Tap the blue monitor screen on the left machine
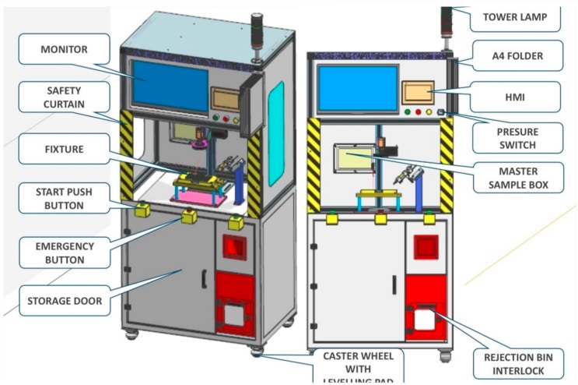point(170,83)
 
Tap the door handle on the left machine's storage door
point(205,278)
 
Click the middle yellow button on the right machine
point(380,219)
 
